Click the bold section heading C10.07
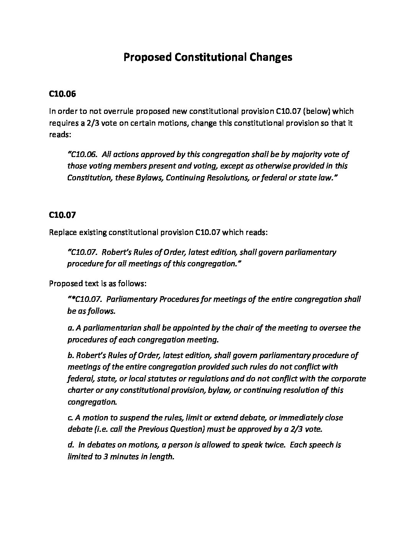tap(63, 215)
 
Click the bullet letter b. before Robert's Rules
tap(70, 355)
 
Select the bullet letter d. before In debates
tap(70, 445)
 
